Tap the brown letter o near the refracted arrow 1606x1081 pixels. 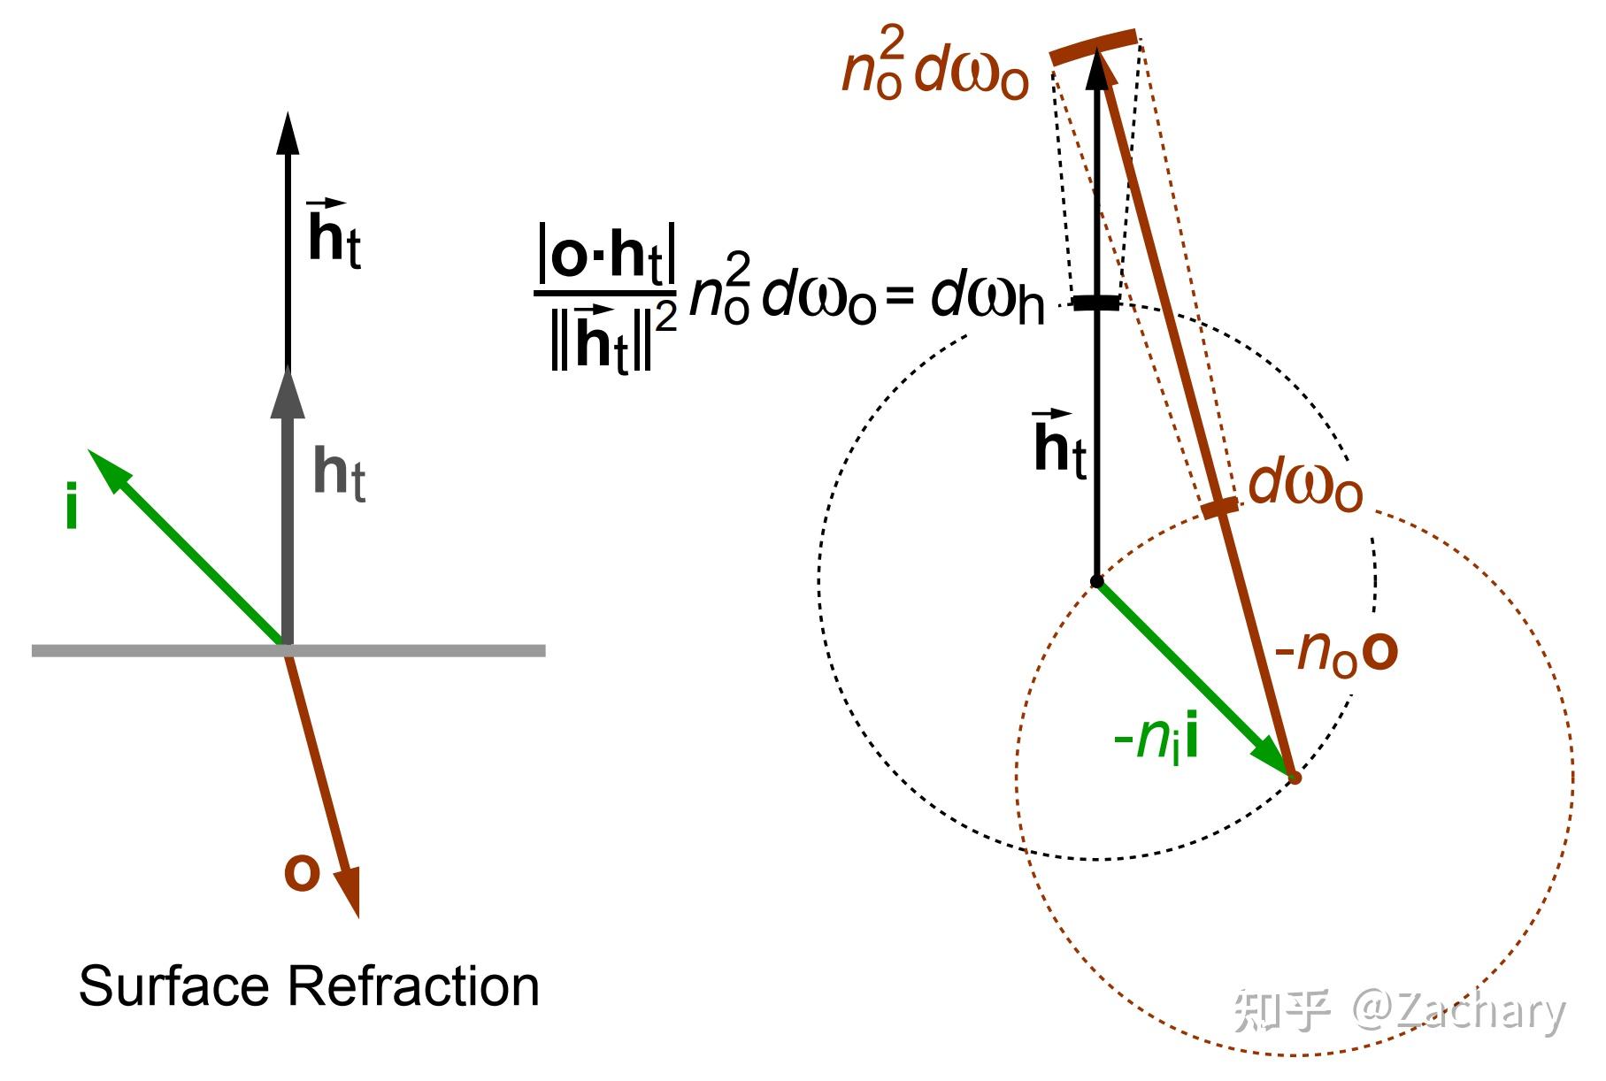click(301, 872)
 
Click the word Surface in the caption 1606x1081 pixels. click(173, 985)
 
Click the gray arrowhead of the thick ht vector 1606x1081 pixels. click(287, 394)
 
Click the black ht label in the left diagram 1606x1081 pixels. click(334, 234)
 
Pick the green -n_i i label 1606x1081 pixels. click(1156, 738)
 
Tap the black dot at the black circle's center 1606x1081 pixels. click(1096, 581)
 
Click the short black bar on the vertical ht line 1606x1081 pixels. click(1096, 303)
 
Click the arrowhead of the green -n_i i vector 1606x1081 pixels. click(1274, 760)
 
